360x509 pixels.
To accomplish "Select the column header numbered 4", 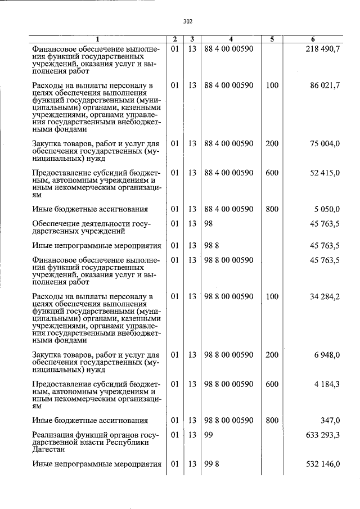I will click(x=231, y=39).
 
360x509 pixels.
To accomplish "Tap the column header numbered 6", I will click(x=313, y=39).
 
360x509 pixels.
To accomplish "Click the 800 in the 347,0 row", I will click(x=272, y=420).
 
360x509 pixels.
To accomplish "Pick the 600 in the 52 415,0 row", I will click(x=272, y=173).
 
